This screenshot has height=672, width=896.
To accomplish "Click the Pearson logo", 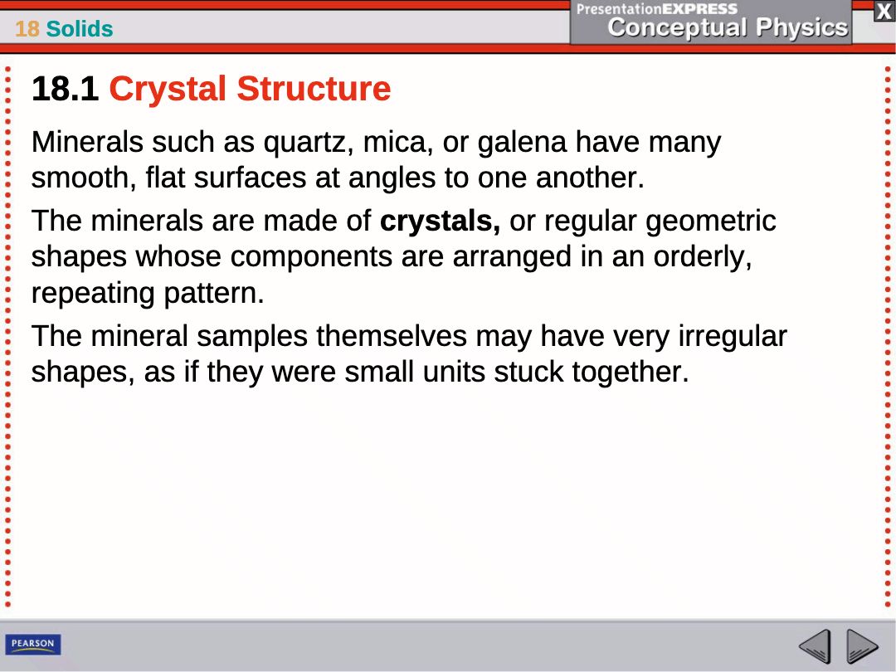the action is click(32, 644).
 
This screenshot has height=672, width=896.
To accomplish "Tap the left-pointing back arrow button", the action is click(815, 646).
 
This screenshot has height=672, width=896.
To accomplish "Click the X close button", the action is click(884, 12).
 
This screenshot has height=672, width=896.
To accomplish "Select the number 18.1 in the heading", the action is click(65, 89).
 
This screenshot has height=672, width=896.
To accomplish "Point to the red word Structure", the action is click(314, 89).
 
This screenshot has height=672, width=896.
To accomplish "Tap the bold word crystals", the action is click(440, 222).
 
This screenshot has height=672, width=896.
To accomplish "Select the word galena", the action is click(522, 143).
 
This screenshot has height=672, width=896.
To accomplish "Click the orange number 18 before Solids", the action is click(27, 28).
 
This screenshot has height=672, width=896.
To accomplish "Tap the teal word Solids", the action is click(80, 28).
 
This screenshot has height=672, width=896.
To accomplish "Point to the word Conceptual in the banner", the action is click(677, 28).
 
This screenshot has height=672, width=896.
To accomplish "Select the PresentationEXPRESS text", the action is click(656, 8).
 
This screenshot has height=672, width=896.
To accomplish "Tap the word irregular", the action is click(733, 337).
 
